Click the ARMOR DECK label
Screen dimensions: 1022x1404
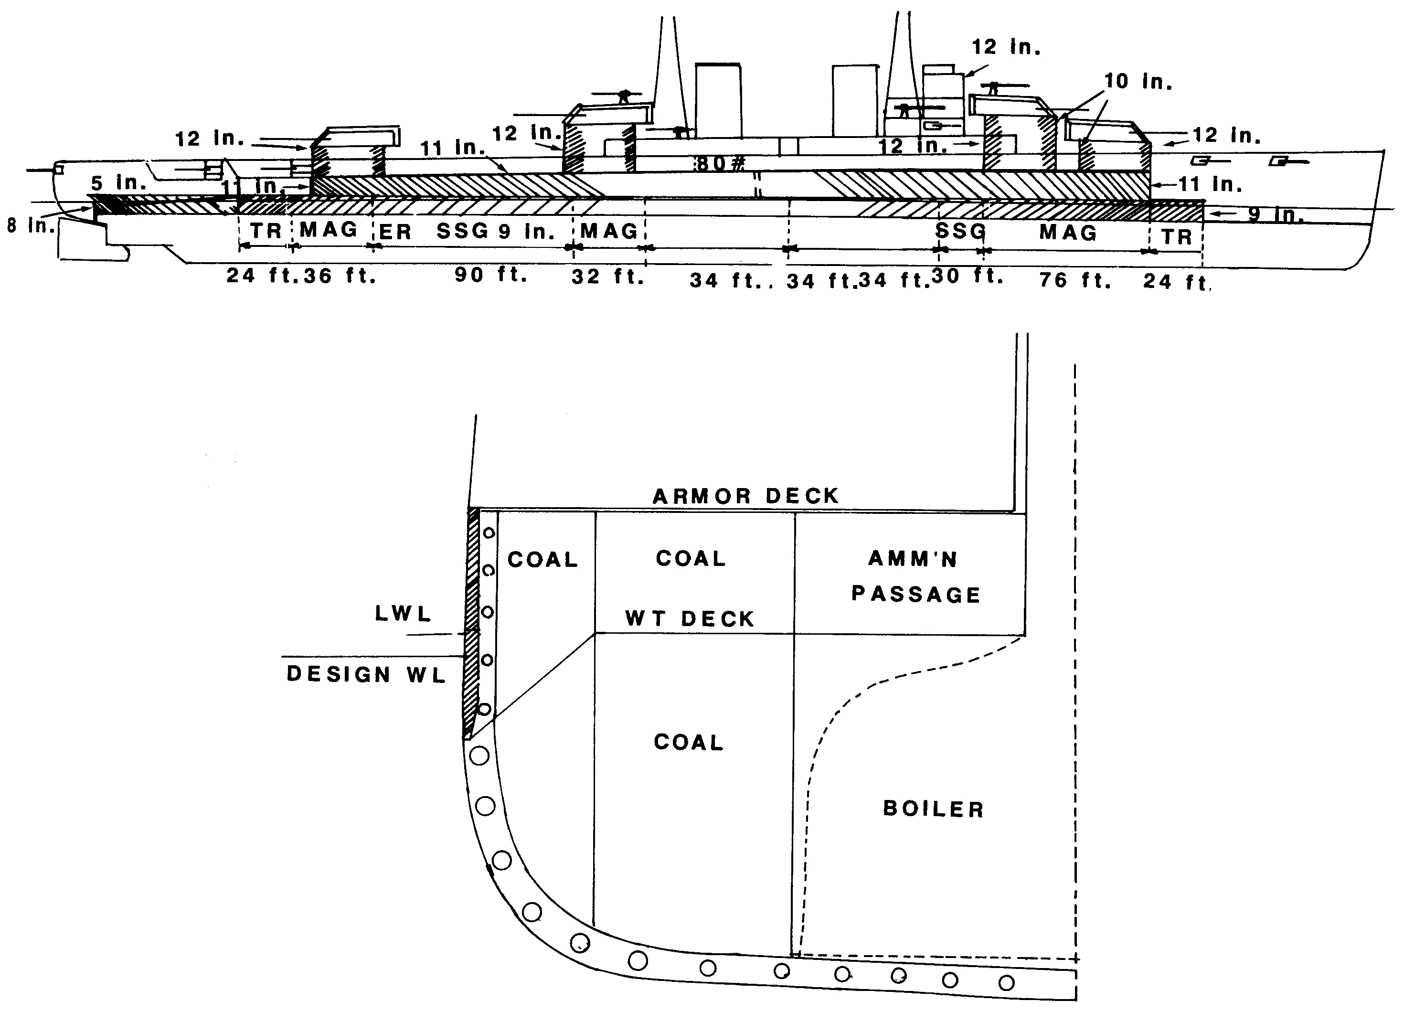[x=745, y=496]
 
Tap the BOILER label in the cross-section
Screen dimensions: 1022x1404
[x=933, y=809]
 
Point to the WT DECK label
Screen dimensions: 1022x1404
[x=690, y=619]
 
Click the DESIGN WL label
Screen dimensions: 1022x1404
[x=366, y=674]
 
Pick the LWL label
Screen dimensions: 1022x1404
[x=403, y=614]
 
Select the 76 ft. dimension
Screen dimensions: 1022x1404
[x=1075, y=280]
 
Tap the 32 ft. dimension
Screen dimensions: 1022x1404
[x=608, y=277]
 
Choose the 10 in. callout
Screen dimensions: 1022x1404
[x=1138, y=81]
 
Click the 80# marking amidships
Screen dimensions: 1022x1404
[x=720, y=163]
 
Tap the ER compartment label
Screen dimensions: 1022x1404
[x=395, y=232]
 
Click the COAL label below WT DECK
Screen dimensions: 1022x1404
[x=688, y=742]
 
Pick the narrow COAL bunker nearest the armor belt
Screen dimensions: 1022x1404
[x=542, y=560]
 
